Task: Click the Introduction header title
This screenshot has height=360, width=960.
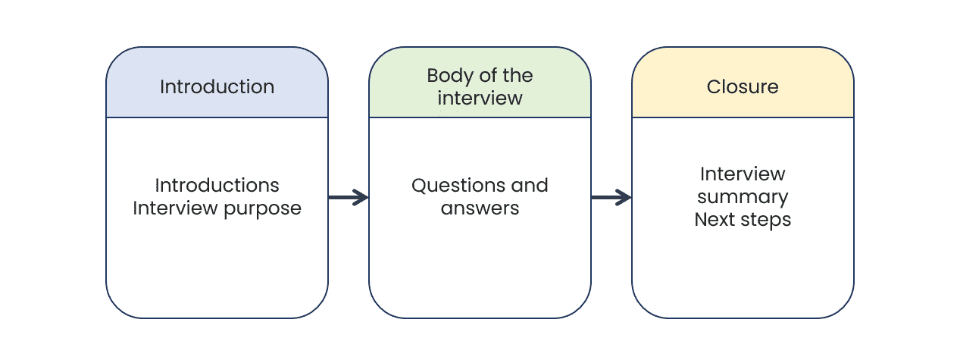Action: pyautogui.click(x=217, y=86)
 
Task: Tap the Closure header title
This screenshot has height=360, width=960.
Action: pyautogui.click(x=743, y=86)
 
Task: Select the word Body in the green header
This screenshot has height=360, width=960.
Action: pyautogui.click(x=449, y=77)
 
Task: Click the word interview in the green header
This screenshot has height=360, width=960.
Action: pyautogui.click(x=480, y=98)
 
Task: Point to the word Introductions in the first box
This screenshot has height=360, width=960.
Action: pyautogui.click(x=217, y=186)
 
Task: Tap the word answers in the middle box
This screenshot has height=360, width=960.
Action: pyautogui.click(x=480, y=208)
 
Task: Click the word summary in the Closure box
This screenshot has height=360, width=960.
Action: pyautogui.click(x=743, y=198)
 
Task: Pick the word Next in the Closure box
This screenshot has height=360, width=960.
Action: pyautogui.click(x=713, y=220)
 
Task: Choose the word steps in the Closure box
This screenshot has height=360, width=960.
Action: pyautogui.click(x=765, y=221)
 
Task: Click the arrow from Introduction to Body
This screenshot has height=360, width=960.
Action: pyautogui.click(x=349, y=198)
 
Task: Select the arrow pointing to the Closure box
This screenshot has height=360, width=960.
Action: pyautogui.click(x=611, y=198)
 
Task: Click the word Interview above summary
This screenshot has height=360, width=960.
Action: pyautogui.click(x=743, y=174)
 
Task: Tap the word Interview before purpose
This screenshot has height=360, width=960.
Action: pyautogui.click(x=175, y=208)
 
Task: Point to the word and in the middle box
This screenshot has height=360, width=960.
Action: pyautogui.click(x=530, y=186)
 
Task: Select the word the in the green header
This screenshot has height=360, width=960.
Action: pyautogui.click(x=518, y=76)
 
